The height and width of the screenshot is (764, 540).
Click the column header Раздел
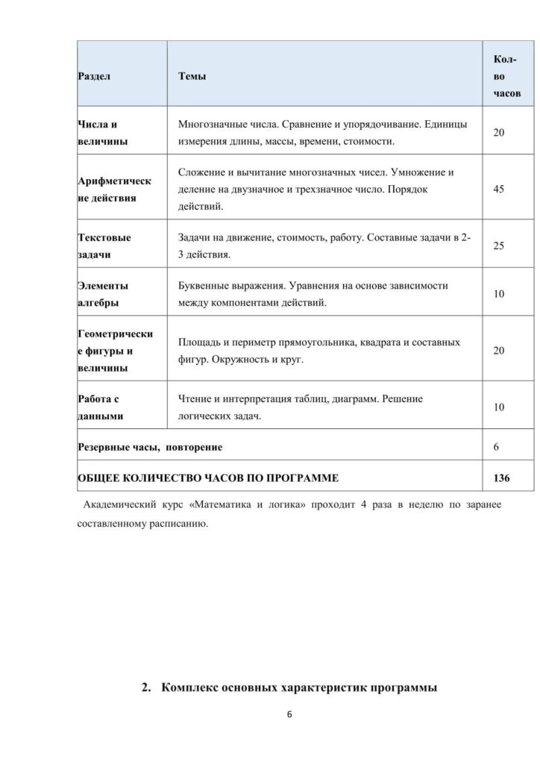(x=94, y=77)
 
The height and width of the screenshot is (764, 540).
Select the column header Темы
(x=193, y=77)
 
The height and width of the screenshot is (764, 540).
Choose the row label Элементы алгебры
(x=103, y=294)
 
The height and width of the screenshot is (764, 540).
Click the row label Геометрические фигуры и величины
(x=110, y=351)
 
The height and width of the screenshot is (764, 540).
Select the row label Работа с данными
(x=101, y=407)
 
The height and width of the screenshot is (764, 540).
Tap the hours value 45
(x=499, y=190)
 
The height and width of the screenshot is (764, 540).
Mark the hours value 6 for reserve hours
(x=496, y=447)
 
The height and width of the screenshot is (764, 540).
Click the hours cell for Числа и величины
(x=499, y=132)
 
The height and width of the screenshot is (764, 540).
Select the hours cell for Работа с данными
(x=499, y=407)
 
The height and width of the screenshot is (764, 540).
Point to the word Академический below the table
(x=126, y=505)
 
